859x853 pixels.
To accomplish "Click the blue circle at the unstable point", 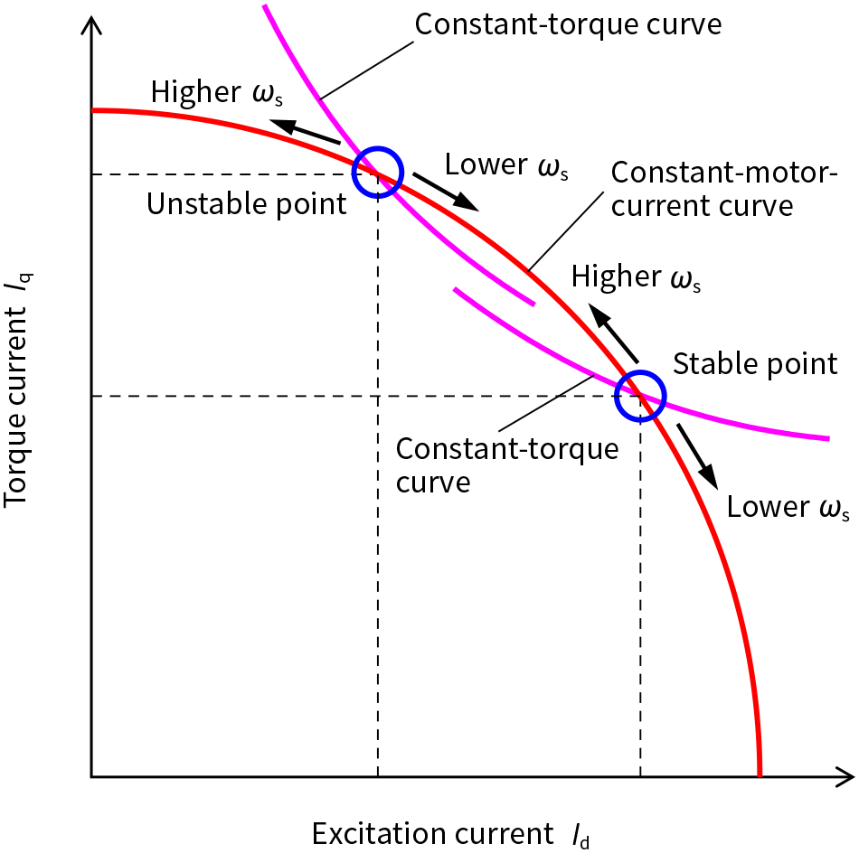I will tap(377, 173).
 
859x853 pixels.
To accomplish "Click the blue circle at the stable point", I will tap(640, 396).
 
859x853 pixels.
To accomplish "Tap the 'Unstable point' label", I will tap(247, 204).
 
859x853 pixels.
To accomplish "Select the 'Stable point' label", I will tap(755, 363).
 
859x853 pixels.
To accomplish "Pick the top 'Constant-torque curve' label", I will tap(568, 23).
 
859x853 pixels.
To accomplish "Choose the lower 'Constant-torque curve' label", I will tap(507, 464).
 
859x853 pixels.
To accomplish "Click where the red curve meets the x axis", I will tap(759, 774).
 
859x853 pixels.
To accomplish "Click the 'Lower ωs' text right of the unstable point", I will tap(506, 164).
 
